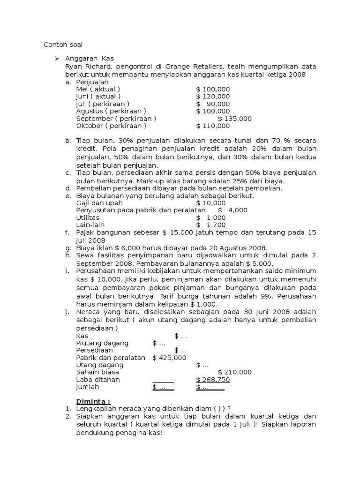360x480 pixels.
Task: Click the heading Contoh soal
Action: click(x=63, y=45)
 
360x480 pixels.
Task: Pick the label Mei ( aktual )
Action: click(x=97, y=89)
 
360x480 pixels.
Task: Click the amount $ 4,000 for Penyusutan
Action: click(x=232, y=210)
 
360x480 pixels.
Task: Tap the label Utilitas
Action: click(x=88, y=217)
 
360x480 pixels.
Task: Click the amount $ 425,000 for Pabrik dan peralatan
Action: click(x=169, y=358)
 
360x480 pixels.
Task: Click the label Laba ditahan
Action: click(x=97, y=380)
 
